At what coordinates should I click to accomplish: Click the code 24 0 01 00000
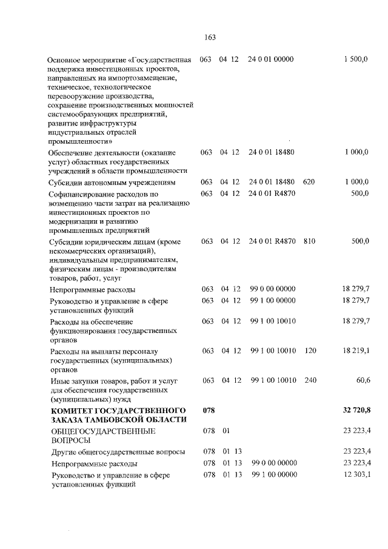pyautogui.click(x=271, y=59)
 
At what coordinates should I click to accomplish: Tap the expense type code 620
pyautogui.click(x=309, y=181)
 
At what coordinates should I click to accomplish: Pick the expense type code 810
pyautogui.click(x=309, y=241)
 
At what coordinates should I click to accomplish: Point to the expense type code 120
pyautogui.click(x=310, y=351)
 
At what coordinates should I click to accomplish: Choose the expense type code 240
pyautogui.click(x=310, y=380)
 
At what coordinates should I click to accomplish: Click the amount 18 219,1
pyautogui.click(x=356, y=351)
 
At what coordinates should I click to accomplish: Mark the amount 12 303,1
pyautogui.click(x=356, y=475)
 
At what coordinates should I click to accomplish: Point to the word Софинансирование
pyautogui.click(x=79, y=194)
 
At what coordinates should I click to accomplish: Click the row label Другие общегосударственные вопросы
pyautogui.click(x=118, y=452)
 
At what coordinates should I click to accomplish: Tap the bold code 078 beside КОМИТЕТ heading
pyautogui.click(x=209, y=411)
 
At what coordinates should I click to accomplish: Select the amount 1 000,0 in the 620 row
pyautogui.click(x=356, y=181)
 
